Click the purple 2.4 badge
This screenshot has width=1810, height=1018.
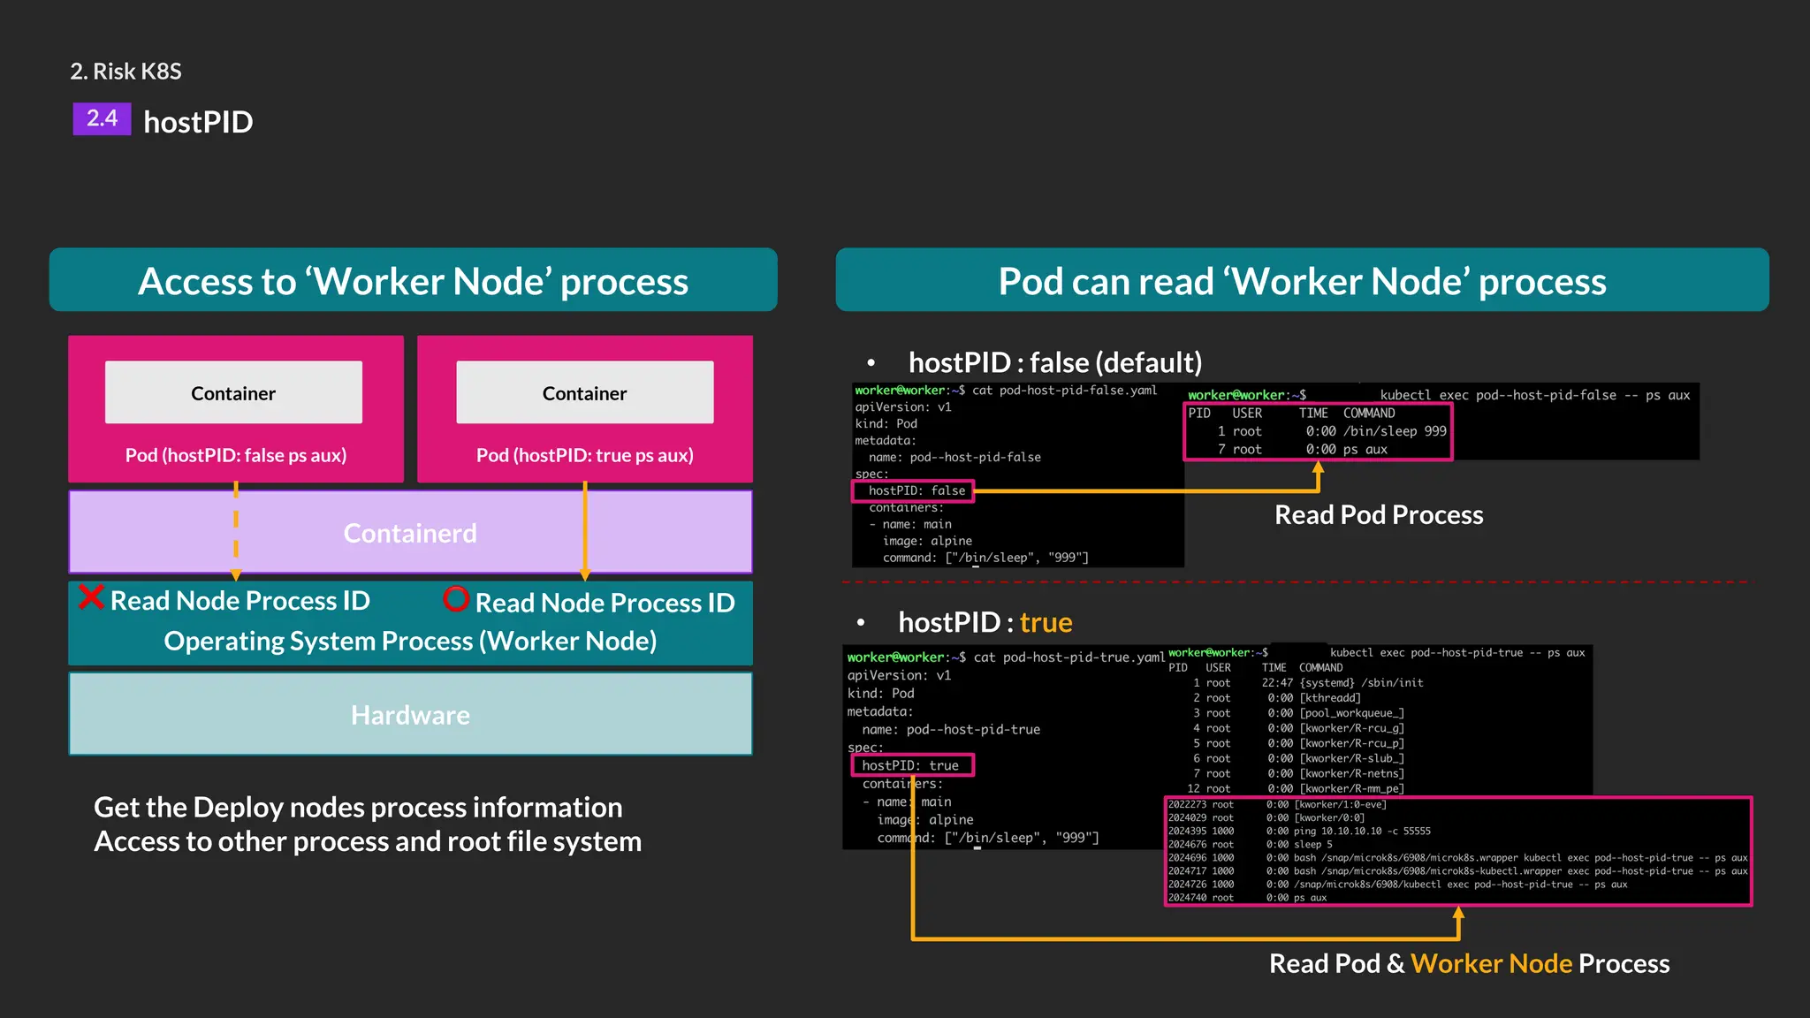(x=102, y=118)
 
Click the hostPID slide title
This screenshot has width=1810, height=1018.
(x=198, y=122)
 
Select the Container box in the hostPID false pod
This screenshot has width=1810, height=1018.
(x=233, y=392)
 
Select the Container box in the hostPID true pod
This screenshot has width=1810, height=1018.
(x=584, y=392)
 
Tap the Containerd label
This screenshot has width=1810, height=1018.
(x=410, y=533)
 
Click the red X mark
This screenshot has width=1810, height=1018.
(x=91, y=597)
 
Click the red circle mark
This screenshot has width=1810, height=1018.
(x=456, y=599)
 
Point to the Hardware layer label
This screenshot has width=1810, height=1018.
(x=410, y=715)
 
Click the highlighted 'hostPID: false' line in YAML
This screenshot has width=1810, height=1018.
(x=914, y=490)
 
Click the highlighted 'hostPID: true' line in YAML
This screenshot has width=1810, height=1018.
(x=913, y=765)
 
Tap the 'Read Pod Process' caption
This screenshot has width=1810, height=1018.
(x=1379, y=514)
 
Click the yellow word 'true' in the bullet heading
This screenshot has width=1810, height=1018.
(x=1046, y=622)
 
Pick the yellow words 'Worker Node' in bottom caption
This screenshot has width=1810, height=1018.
(x=1491, y=963)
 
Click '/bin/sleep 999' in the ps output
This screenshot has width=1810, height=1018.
(x=1395, y=431)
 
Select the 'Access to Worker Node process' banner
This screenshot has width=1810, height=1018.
(x=413, y=281)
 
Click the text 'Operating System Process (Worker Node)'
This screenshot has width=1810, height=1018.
(x=410, y=641)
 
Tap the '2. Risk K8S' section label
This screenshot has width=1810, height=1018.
(x=125, y=71)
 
